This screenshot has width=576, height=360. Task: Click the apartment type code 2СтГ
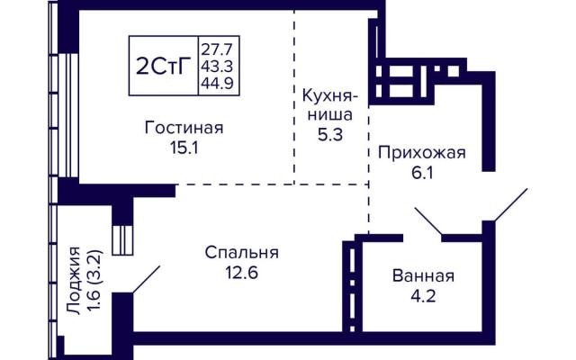tap(164, 67)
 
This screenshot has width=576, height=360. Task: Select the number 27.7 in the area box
tap(219, 49)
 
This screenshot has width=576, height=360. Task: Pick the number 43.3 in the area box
tap(219, 67)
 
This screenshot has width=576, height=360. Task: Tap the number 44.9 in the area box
tap(219, 84)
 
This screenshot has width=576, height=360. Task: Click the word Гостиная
tap(184, 128)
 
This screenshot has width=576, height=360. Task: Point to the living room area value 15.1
tap(184, 148)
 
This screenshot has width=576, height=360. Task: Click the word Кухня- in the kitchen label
tap(330, 96)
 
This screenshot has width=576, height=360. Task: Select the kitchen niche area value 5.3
tap(330, 135)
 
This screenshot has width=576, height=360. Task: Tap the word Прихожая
tap(422, 153)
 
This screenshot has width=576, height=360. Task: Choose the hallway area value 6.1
tap(422, 172)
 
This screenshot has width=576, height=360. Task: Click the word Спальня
tap(242, 253)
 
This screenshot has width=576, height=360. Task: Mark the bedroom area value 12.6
tap(242, 273)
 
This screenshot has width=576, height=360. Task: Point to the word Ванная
tap(423, 276)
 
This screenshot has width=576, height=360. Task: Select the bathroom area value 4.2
tap(423, 296)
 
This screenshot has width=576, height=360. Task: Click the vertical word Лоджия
tap(75, 281)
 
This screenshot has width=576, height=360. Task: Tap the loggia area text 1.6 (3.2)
tap(94, 281)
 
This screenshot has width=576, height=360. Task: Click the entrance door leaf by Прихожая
tap(510, 205)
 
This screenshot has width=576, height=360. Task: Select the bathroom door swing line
tap(428, 221)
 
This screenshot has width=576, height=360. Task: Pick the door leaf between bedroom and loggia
tap(146, 280)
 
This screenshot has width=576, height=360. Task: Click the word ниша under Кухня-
tap(330, 115)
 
